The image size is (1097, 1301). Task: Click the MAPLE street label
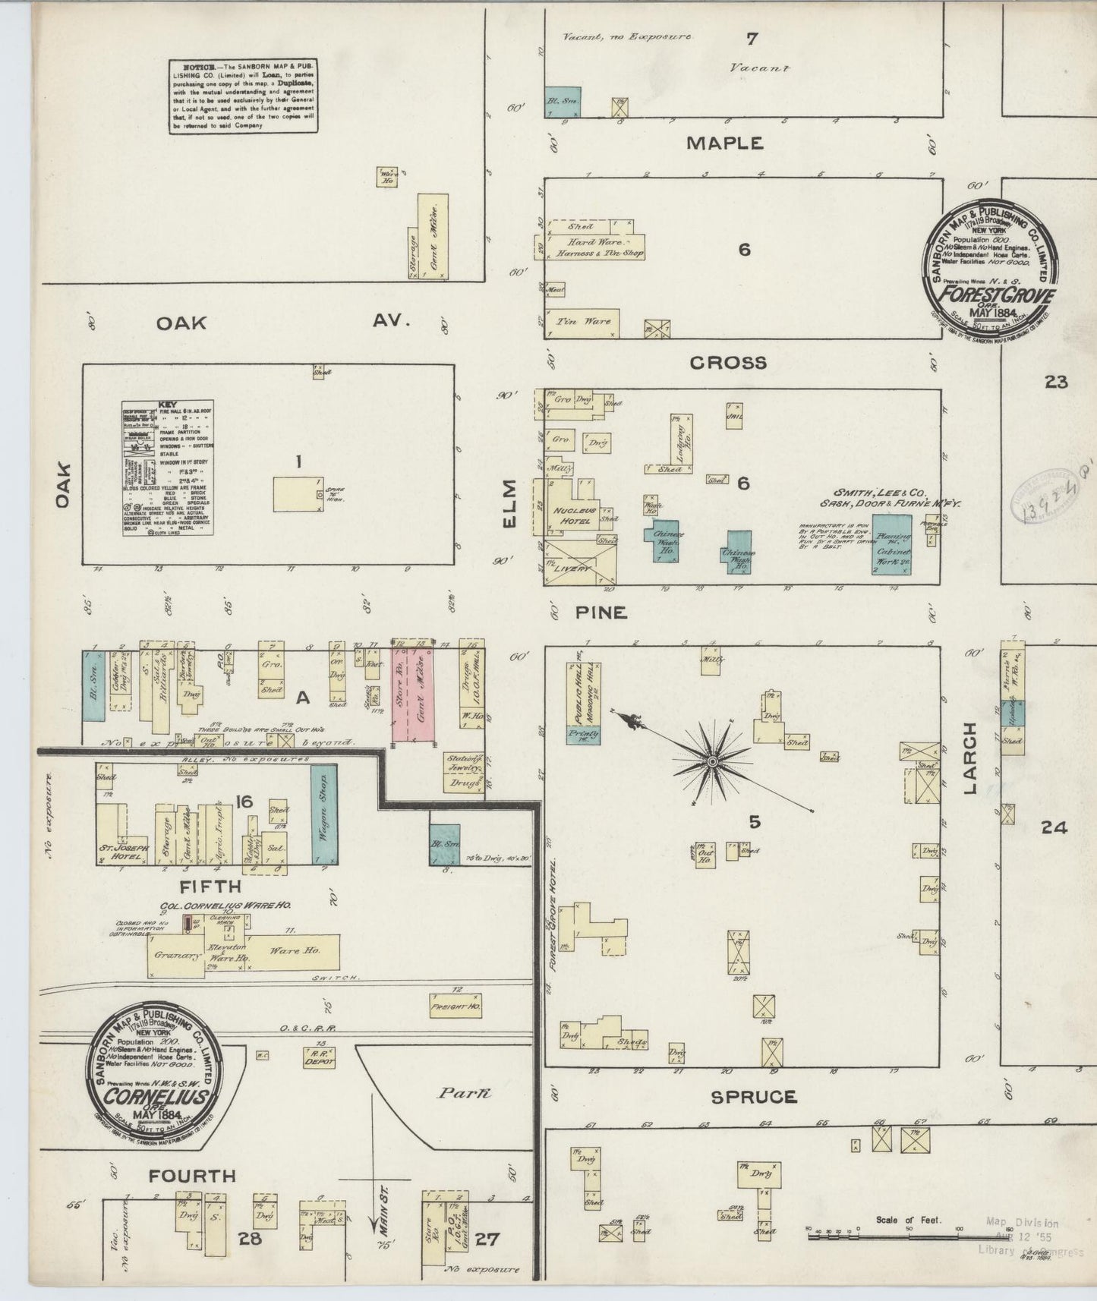[x=724, y=143]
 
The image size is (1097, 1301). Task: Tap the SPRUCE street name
[x=754, y=1097]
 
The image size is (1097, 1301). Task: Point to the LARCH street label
[x=972, y=760]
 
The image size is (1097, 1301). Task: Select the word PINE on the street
[x=601, y=613]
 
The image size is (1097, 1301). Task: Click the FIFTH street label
[x=200, y=886]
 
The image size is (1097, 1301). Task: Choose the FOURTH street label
[x=191, y=1177]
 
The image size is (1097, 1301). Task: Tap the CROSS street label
[x=727, y=363]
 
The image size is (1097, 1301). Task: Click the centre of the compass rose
[x=713, y=761]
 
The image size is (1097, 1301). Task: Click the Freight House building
[x=455, y=1006]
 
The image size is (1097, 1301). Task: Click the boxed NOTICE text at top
[x=243, y=96]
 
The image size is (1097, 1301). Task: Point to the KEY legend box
[x=168, y=468]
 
